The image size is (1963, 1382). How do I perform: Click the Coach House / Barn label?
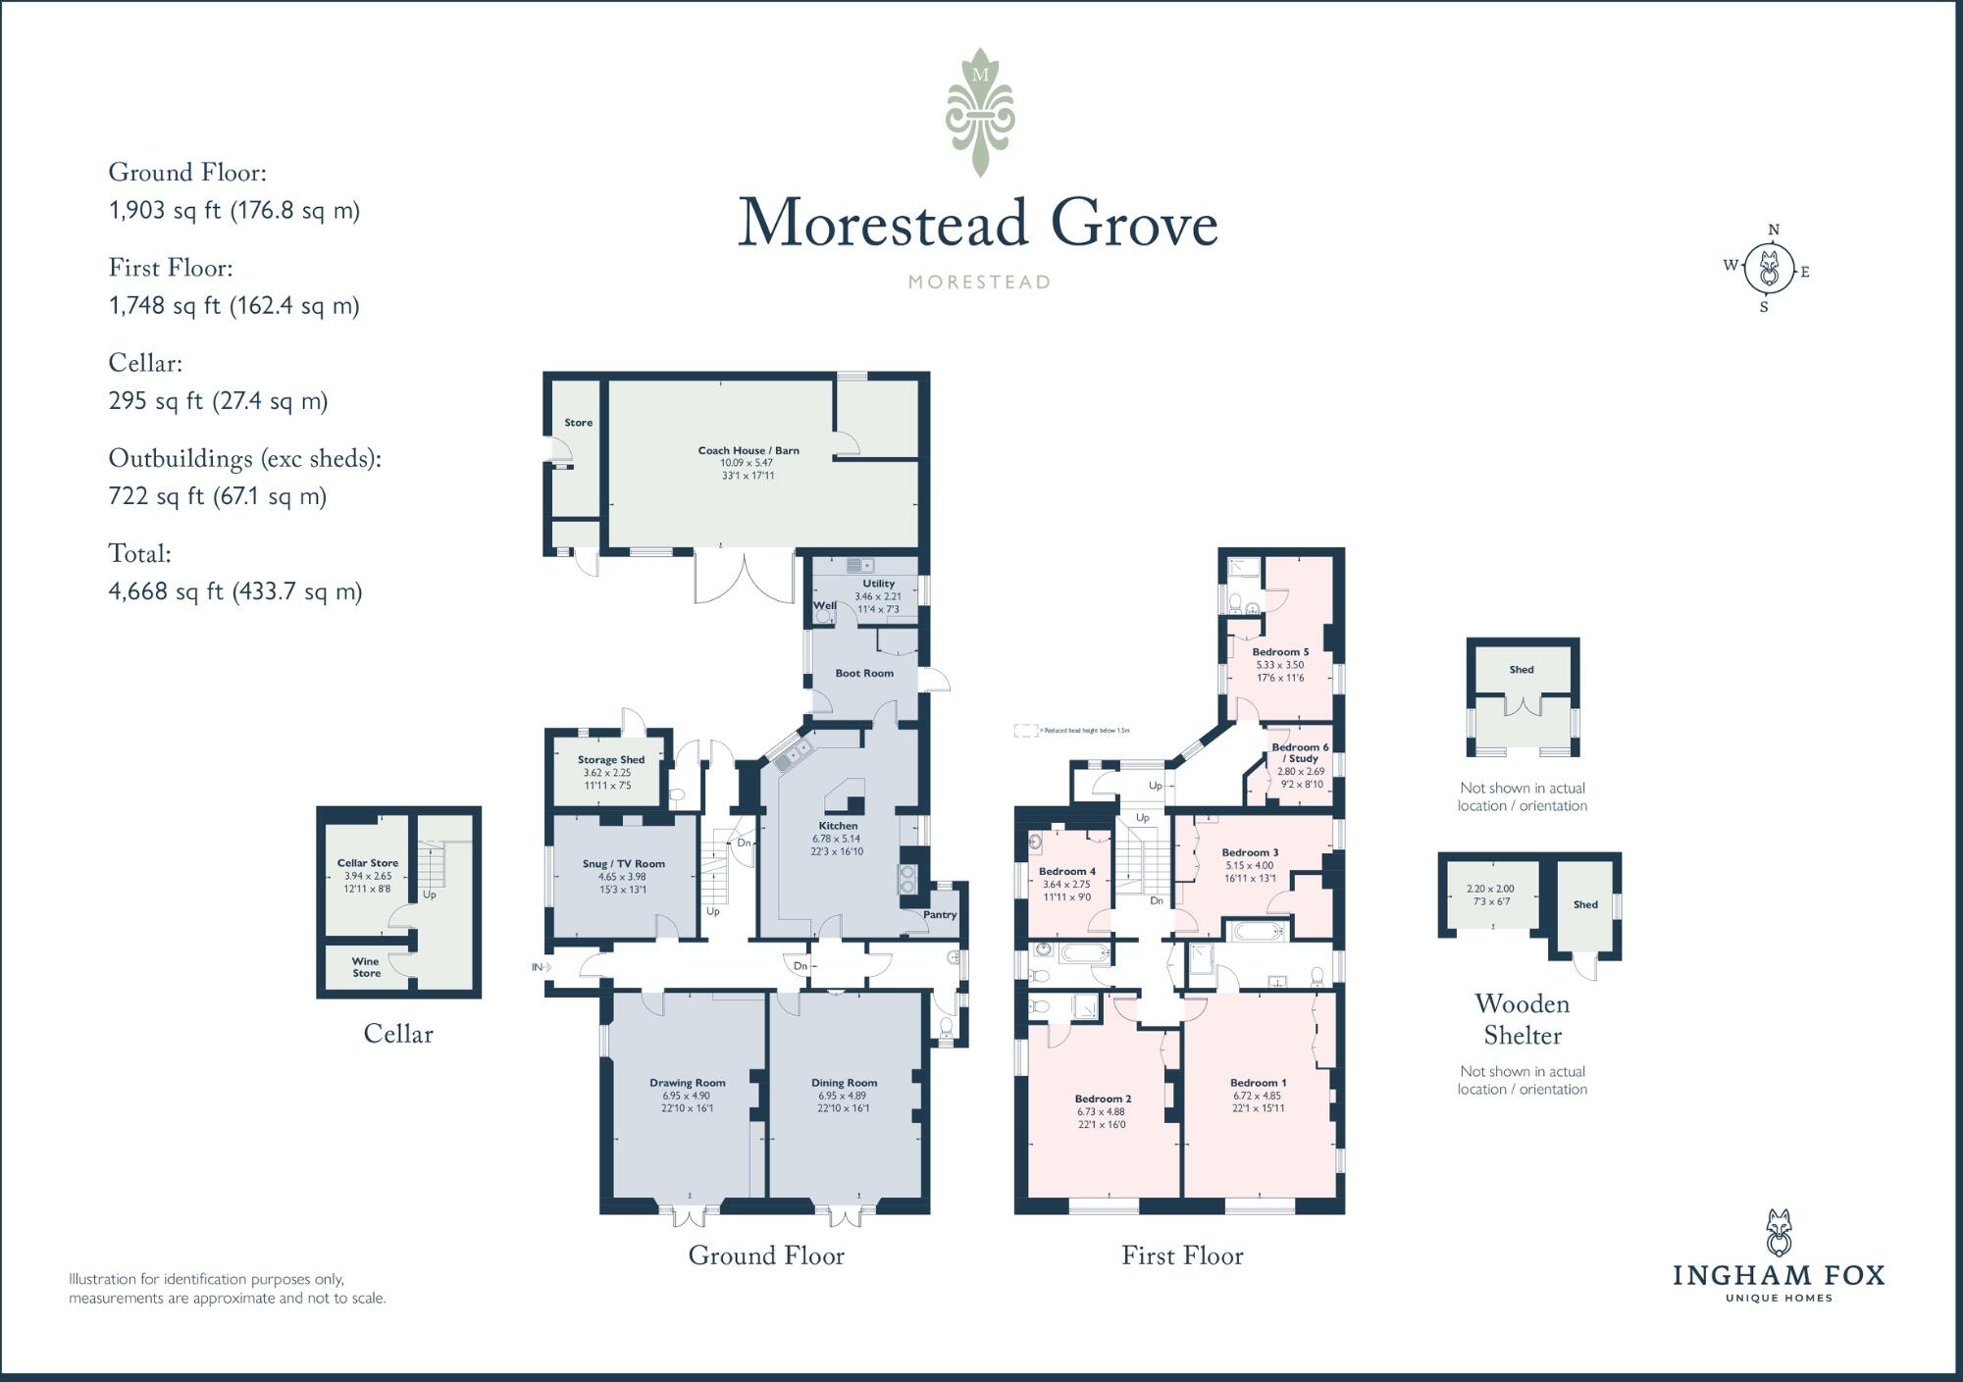(748, 450)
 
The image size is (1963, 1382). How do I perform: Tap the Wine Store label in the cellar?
(366, 967)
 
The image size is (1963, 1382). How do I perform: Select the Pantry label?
(939, 915)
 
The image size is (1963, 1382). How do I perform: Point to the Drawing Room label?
(687, 1083)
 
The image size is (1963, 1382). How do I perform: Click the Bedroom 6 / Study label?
(1300, 752)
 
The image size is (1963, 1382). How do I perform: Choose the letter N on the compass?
(1773, 230)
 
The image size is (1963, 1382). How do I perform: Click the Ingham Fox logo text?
(1778, 1275)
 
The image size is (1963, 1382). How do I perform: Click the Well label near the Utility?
(824, 605)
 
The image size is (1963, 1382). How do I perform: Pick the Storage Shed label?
(610, 759)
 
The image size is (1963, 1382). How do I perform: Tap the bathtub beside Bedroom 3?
(1257, 931)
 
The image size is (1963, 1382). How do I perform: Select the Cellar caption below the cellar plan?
(397, 1034)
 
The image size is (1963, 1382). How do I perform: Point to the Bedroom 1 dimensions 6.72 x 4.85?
(1257, 1096)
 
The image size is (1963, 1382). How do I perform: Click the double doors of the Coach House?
(745, 578)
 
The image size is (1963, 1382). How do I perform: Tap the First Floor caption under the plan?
(1181, 1255)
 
